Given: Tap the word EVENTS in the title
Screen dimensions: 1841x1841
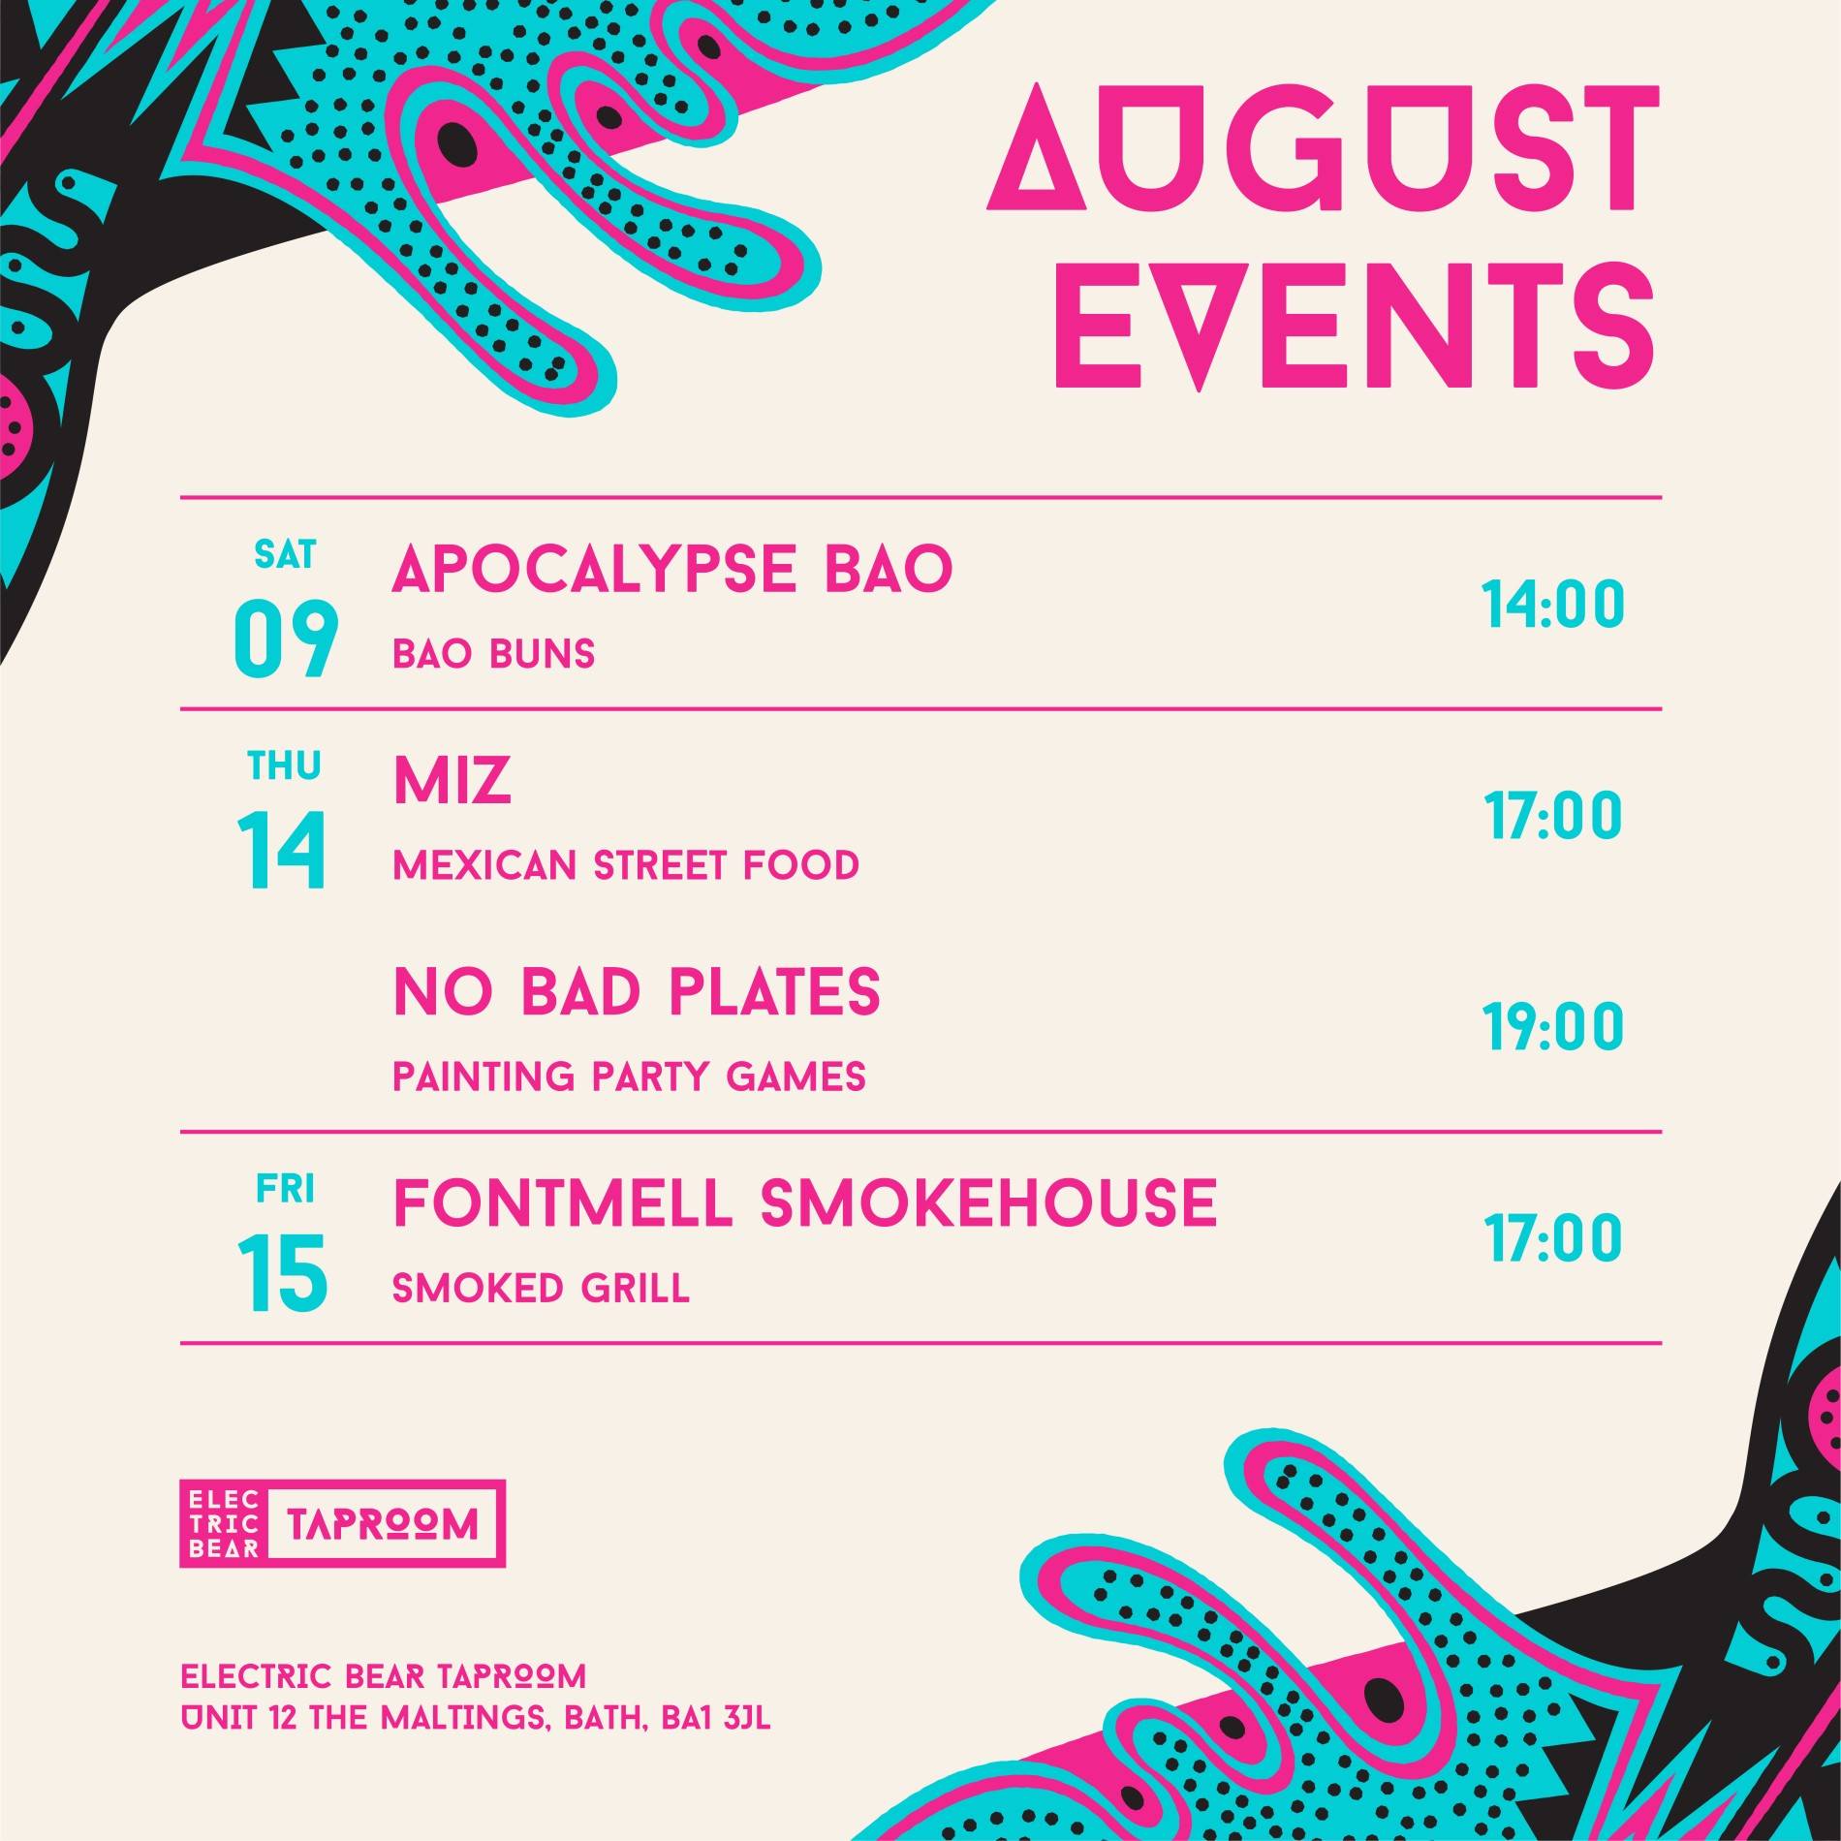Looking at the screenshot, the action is pos(1354,327).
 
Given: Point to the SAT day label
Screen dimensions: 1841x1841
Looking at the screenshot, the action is pos(285,555).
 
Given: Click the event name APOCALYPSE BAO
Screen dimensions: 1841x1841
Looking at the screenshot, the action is pos(672,569).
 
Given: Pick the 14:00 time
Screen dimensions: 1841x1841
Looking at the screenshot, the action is pos(1553,605).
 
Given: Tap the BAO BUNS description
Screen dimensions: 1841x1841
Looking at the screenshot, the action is pos(493,655).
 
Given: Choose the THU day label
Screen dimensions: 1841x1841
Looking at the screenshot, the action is pos(284,766).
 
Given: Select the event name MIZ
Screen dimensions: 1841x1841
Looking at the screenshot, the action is pos(452,781).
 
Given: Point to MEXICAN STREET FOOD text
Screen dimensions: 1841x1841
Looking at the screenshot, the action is pos(626,865).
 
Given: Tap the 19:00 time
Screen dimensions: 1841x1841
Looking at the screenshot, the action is pos(1553,1027).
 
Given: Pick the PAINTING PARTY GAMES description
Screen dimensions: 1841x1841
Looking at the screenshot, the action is pos(629,1077).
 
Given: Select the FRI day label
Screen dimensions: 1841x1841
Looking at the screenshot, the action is pos(285,1189).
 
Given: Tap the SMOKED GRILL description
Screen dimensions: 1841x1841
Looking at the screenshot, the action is pos(541,1288).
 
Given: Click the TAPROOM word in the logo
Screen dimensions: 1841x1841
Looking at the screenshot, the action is pos(384,1525).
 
